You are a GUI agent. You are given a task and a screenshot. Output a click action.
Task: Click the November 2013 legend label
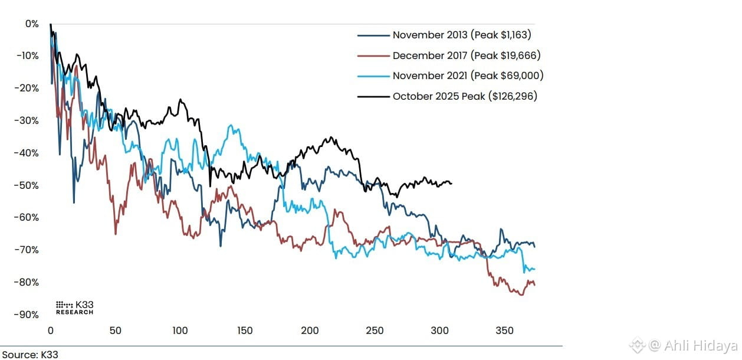point(462,35)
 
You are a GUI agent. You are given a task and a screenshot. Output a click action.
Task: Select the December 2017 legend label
point(467,55)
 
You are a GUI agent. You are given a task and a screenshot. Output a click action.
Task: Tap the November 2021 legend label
point(468,76)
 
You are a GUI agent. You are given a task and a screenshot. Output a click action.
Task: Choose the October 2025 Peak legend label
point(465,96)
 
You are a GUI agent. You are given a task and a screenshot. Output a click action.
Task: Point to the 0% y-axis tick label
point(32,24)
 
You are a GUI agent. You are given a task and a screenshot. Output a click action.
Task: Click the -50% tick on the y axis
point(27,185)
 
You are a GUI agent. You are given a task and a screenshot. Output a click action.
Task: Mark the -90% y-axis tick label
point(27,315)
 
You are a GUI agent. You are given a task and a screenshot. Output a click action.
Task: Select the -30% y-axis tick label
point(27,120)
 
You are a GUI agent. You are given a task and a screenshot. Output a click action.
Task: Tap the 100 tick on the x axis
point(180,330)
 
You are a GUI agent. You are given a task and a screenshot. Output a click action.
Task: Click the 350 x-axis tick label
point(504,330)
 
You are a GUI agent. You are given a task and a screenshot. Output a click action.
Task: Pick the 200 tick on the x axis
point(310,330)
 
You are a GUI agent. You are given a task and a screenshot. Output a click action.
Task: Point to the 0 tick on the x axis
point(50,330)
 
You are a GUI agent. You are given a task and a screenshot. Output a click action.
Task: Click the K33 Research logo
point(75,308)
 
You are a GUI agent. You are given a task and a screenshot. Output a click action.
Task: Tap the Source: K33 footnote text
point(30,354)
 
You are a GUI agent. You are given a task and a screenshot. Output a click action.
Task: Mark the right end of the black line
point(452,184)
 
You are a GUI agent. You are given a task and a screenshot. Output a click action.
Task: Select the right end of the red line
point(534,285)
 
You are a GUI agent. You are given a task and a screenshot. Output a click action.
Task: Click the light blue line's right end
point(534,269)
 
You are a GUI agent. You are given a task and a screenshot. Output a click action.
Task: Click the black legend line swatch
point(373,97)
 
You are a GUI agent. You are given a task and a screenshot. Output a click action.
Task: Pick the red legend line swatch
point(373,55)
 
